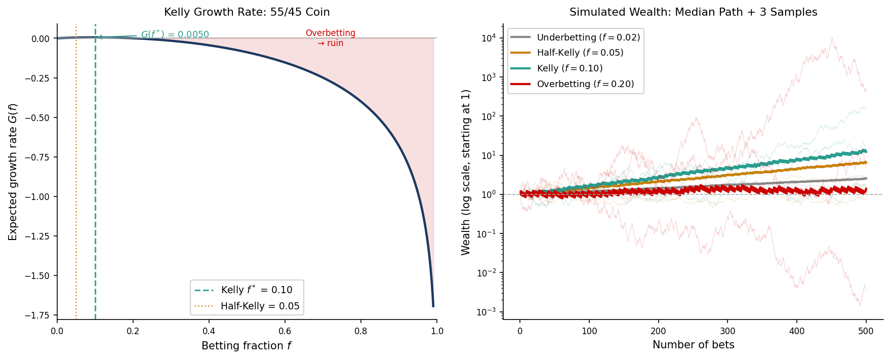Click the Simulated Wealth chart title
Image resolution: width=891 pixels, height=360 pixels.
(x=693, y=12)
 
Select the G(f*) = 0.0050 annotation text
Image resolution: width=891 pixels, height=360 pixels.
(x=175, y=34)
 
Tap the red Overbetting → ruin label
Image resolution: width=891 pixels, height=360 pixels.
(x=330, y=38)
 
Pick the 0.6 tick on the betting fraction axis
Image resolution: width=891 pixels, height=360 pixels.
(x=285, y=331)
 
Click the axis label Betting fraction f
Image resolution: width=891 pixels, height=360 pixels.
(x=247, y=346)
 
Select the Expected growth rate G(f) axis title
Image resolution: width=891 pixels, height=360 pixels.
(x=13, y=172)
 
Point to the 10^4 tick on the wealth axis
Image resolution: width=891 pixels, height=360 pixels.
(x=488, y=38)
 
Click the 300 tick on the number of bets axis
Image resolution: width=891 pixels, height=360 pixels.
(x=727, y=331)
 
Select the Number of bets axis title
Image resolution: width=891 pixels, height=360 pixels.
(x=693, y=345)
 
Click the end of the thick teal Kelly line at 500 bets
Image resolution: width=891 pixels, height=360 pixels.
(x=866, y=151)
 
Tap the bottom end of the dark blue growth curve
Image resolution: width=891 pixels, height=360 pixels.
(x=433, y=306)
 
